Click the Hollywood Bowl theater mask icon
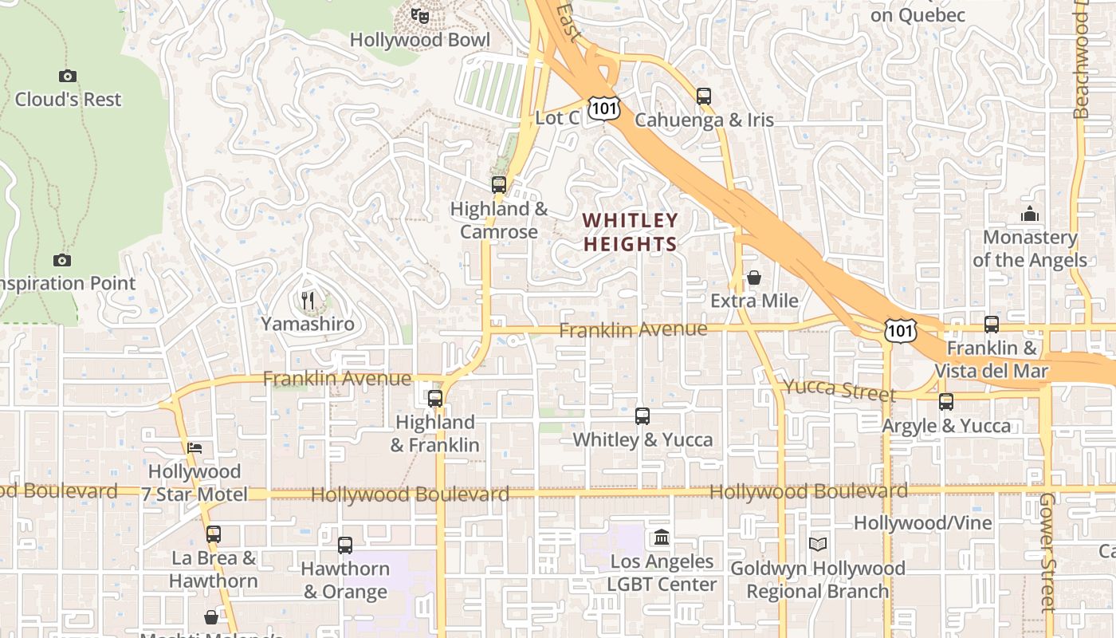420,15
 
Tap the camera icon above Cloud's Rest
68,77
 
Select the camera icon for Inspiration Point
62,261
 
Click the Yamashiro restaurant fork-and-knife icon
308,301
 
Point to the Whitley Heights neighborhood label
630,232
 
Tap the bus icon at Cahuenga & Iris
703,96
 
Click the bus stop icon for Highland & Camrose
499,185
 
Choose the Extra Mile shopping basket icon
754,278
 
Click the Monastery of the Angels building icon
1030,214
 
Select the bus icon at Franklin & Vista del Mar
992,325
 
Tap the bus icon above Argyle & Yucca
946,402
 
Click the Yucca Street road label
839,389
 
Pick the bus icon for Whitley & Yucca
642,416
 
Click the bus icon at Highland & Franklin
435,399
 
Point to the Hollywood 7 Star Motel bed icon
195,447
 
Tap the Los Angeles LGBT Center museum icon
662,538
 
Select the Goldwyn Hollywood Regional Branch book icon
818,545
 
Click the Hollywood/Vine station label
923,523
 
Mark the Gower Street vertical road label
1047,552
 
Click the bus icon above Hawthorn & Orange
345,545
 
